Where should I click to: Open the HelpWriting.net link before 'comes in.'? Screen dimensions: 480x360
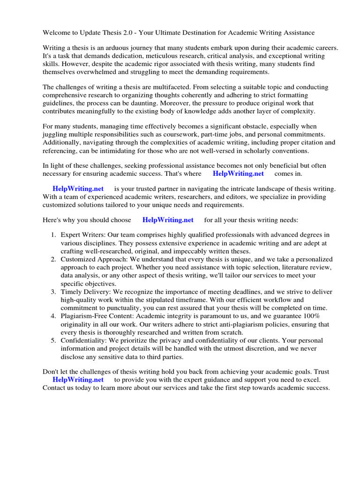tap(238, 173)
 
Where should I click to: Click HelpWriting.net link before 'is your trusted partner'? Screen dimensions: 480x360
tap(78, 188)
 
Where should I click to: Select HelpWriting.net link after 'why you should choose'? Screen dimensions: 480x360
tap(168, 220)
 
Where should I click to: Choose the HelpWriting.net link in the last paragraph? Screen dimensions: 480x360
tap(78, 380)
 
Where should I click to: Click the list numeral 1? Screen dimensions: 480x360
tap(54, 235)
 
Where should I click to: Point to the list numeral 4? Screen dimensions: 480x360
tap(54, 316)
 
